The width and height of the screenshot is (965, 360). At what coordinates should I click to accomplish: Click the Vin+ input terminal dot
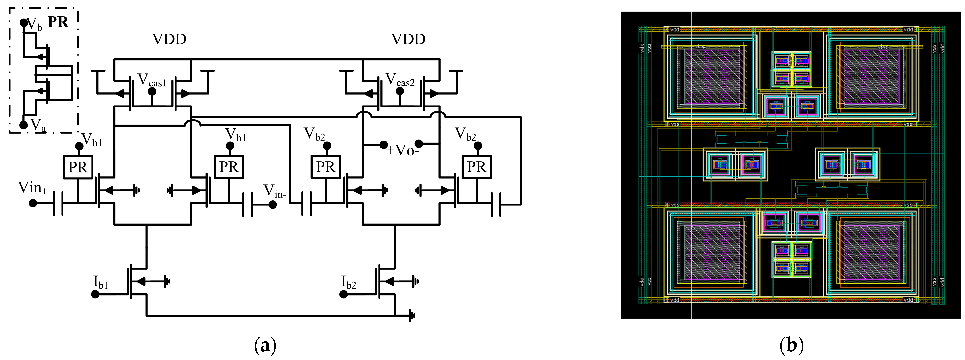[33, 203]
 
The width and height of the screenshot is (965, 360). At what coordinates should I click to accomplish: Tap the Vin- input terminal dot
[273, 205]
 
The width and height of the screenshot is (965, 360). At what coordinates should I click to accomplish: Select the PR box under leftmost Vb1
[78, 167]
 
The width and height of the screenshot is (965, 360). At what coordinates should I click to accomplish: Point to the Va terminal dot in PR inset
[23, 125]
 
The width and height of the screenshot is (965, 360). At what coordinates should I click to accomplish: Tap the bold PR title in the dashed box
[58, 22]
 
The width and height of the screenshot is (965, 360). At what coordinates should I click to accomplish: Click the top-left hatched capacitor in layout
[712, 77]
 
